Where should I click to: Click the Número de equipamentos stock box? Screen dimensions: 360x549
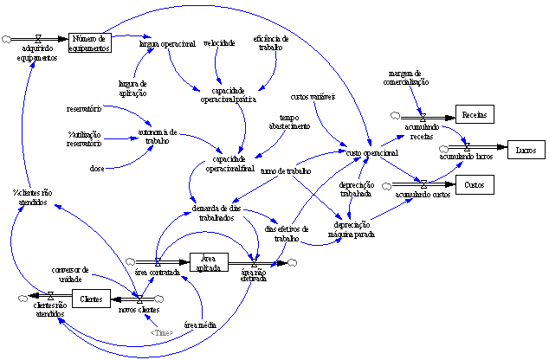[90, 42]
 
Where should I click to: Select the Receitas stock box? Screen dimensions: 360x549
[474, 115]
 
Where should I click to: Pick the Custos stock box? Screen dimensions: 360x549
[474, 185]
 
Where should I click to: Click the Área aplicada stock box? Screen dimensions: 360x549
[208, 261]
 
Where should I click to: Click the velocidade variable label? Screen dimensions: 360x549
[218, 42]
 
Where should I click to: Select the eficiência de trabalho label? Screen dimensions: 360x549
[271, 42]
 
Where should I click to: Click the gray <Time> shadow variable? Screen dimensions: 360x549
[161, 332]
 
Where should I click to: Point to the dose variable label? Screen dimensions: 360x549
[97, 168]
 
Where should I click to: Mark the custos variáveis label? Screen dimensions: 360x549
[313, 96]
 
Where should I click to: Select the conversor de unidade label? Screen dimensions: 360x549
[70, 273]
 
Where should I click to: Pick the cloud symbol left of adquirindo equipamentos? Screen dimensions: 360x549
[8, 40]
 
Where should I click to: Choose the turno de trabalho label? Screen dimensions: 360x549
[285, 171]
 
